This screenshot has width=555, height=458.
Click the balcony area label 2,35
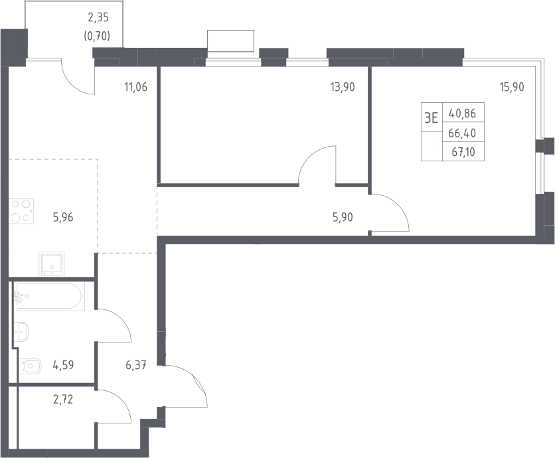pyautogui.click(x=98, y=17)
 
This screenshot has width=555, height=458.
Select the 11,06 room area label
pyautogui.click(x=135, y=87)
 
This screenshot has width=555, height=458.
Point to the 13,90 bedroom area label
pyautogui.click(x=343, y=87)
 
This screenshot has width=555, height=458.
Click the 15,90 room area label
pyautogui.click(x=511, y=87)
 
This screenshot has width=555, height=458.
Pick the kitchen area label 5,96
pyautogui.click(x=63, y=217)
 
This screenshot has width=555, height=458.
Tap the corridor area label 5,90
pyautogui.click(x=343, y=217)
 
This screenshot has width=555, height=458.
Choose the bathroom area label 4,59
pyautogui.click(x=63, y=365)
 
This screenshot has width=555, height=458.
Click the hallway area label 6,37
pyautogui.click(x=136, y=365)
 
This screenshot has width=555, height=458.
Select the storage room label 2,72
pyautogui.click(x=63, y=400)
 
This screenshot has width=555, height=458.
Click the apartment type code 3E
pyautogui.click(x=431, y=118)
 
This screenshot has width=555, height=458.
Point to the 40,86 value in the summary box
pyautogui.click(x=462, y=114)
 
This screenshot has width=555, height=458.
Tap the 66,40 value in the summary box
pyautogui.click(x=462, y=133)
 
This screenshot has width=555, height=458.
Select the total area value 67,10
pyautogui.click(x=463, y=152)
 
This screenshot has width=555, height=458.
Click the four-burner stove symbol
pyautogui.click(x=21, y=211)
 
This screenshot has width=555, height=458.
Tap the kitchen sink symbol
pyautogui.click(x=52, y=264)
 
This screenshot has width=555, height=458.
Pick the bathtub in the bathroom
pyautogui.click(x=49, y=297)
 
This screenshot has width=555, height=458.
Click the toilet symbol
pyautogui.click(x=30, y=366)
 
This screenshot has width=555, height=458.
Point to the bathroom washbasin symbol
pyautogui.click(x=21, y=332)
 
